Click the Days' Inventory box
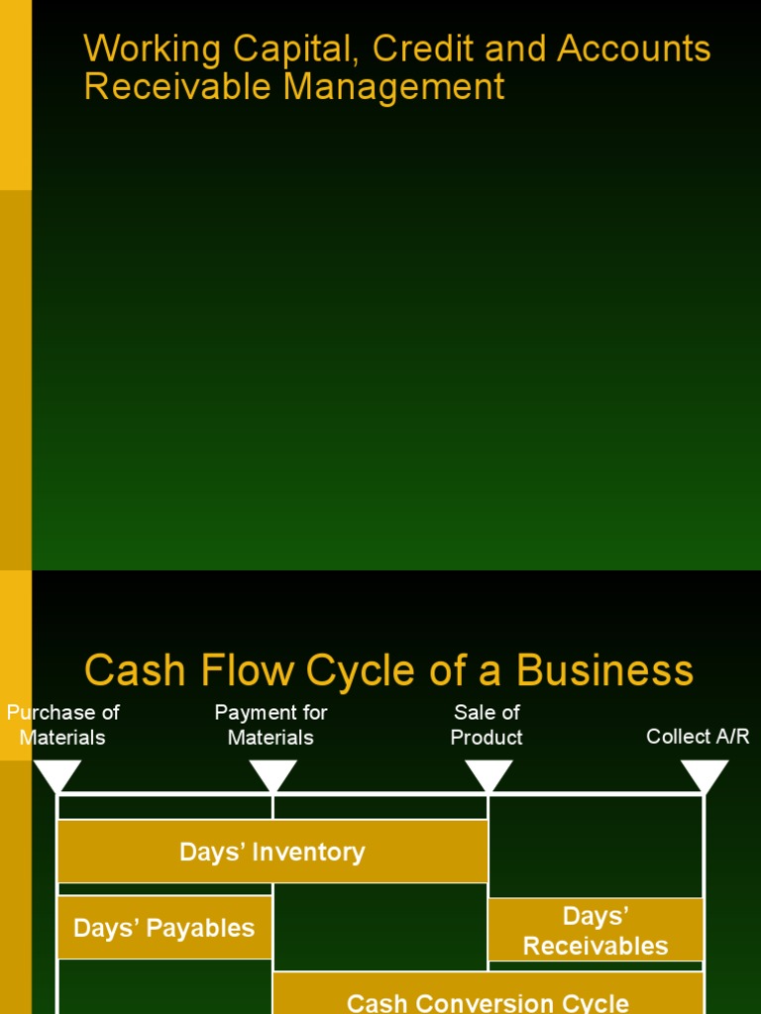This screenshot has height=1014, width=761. coord(272,852)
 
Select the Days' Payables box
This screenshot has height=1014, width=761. coord(164,928)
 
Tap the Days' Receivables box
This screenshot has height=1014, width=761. coord(596,931)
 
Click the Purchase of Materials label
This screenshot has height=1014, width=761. coord(62,725)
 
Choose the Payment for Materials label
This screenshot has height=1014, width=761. coord(271,725)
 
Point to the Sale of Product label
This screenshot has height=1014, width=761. coord(487,725)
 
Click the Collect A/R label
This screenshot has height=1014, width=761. coord(698,737)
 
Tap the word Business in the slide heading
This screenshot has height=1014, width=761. coord(604,670)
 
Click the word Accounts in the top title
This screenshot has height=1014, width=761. coord(634,50)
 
